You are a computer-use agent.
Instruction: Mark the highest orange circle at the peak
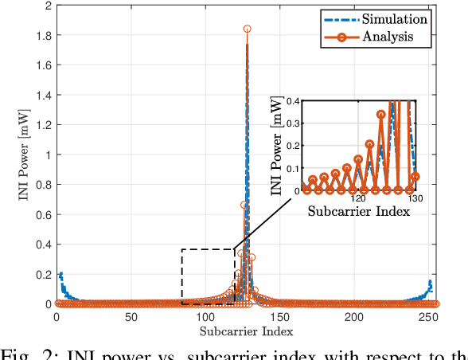[x=247, y=29]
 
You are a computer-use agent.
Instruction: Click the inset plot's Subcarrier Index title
[x=358, y=213]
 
